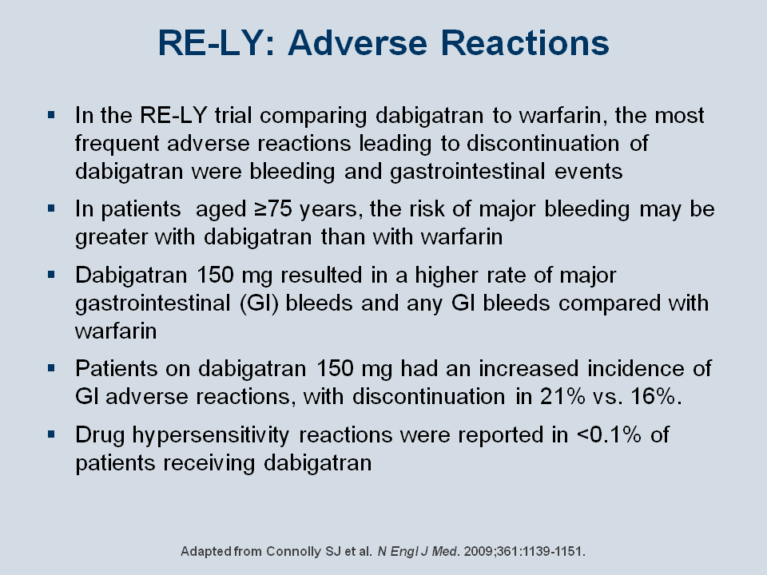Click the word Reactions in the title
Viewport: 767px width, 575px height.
click(525, 43)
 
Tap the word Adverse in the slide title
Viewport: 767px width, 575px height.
click(358, 43)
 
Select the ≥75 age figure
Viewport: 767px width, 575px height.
click(273, 209)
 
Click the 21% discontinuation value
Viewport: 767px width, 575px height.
click(562, 396)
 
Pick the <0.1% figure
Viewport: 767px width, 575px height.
click(609, 434)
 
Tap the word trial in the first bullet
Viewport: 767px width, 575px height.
click(232, 115)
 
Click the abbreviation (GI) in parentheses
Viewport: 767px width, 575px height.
click(259, 303)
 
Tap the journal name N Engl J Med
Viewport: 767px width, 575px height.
click(418, 552)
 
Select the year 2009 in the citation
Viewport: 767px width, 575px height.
click(479, 552)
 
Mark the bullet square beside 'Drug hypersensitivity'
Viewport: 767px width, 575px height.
click(51, 434)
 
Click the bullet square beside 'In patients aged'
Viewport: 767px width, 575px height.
click(51, 208)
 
